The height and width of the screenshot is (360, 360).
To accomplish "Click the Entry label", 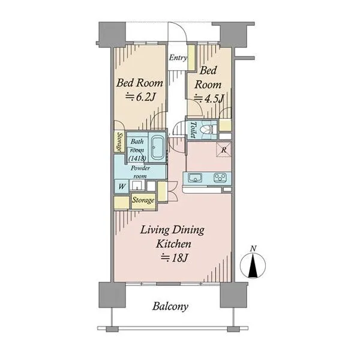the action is [178, 58].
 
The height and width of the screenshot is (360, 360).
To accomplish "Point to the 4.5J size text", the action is [209, 99].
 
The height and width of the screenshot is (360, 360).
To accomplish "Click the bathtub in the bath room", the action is [157, 148].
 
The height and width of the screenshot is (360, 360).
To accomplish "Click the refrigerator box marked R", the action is [223, 150].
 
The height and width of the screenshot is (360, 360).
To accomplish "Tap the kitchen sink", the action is [194, 178].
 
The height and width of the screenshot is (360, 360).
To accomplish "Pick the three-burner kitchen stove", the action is [220, 178].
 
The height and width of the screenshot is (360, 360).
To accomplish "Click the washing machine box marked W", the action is [122, 186].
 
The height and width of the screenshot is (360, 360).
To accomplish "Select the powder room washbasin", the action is [137, 185].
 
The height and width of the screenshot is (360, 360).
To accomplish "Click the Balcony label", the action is [170, 307].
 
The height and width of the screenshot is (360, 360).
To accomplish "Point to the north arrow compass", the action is [253, 266].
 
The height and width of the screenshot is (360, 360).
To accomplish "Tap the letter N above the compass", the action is [253, 248].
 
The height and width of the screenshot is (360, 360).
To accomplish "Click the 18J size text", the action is [175, 258].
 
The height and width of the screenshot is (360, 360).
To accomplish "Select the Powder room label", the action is [140, 172].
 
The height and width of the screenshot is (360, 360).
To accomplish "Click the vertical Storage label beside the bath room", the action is [119, 142].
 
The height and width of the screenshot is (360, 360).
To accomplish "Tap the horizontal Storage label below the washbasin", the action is [143, 200].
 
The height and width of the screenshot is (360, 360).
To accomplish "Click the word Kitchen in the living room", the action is [173, 244].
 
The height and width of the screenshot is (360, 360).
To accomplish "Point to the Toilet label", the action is [193, 130].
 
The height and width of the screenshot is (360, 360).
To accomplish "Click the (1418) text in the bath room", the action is [137, 158].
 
